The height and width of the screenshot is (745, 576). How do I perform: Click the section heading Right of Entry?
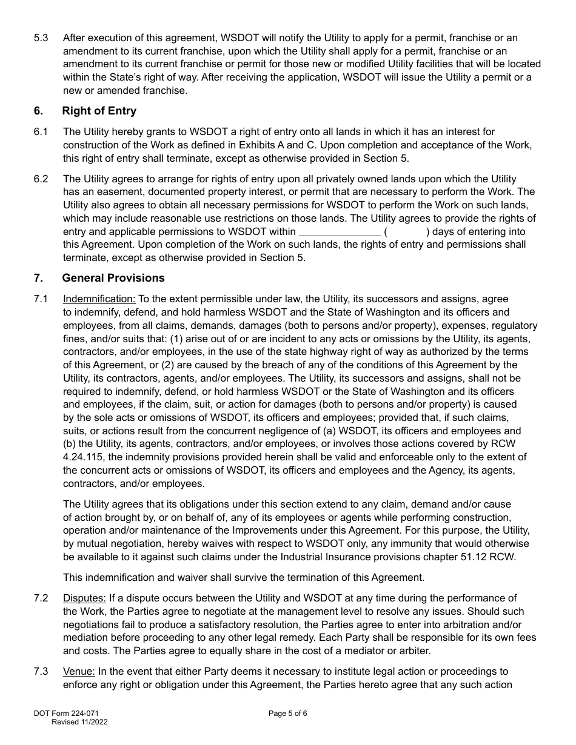point(99,111)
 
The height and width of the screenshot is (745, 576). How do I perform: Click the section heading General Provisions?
point(113,278)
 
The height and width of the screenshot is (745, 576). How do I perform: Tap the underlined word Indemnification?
point(100,299)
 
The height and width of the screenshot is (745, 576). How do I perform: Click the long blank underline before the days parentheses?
point(340,232)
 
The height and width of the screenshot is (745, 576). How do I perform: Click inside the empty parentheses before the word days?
point(407,232)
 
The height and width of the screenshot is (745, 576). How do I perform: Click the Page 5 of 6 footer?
point(288,714)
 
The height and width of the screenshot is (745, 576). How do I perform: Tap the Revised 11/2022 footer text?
point(80,722)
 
